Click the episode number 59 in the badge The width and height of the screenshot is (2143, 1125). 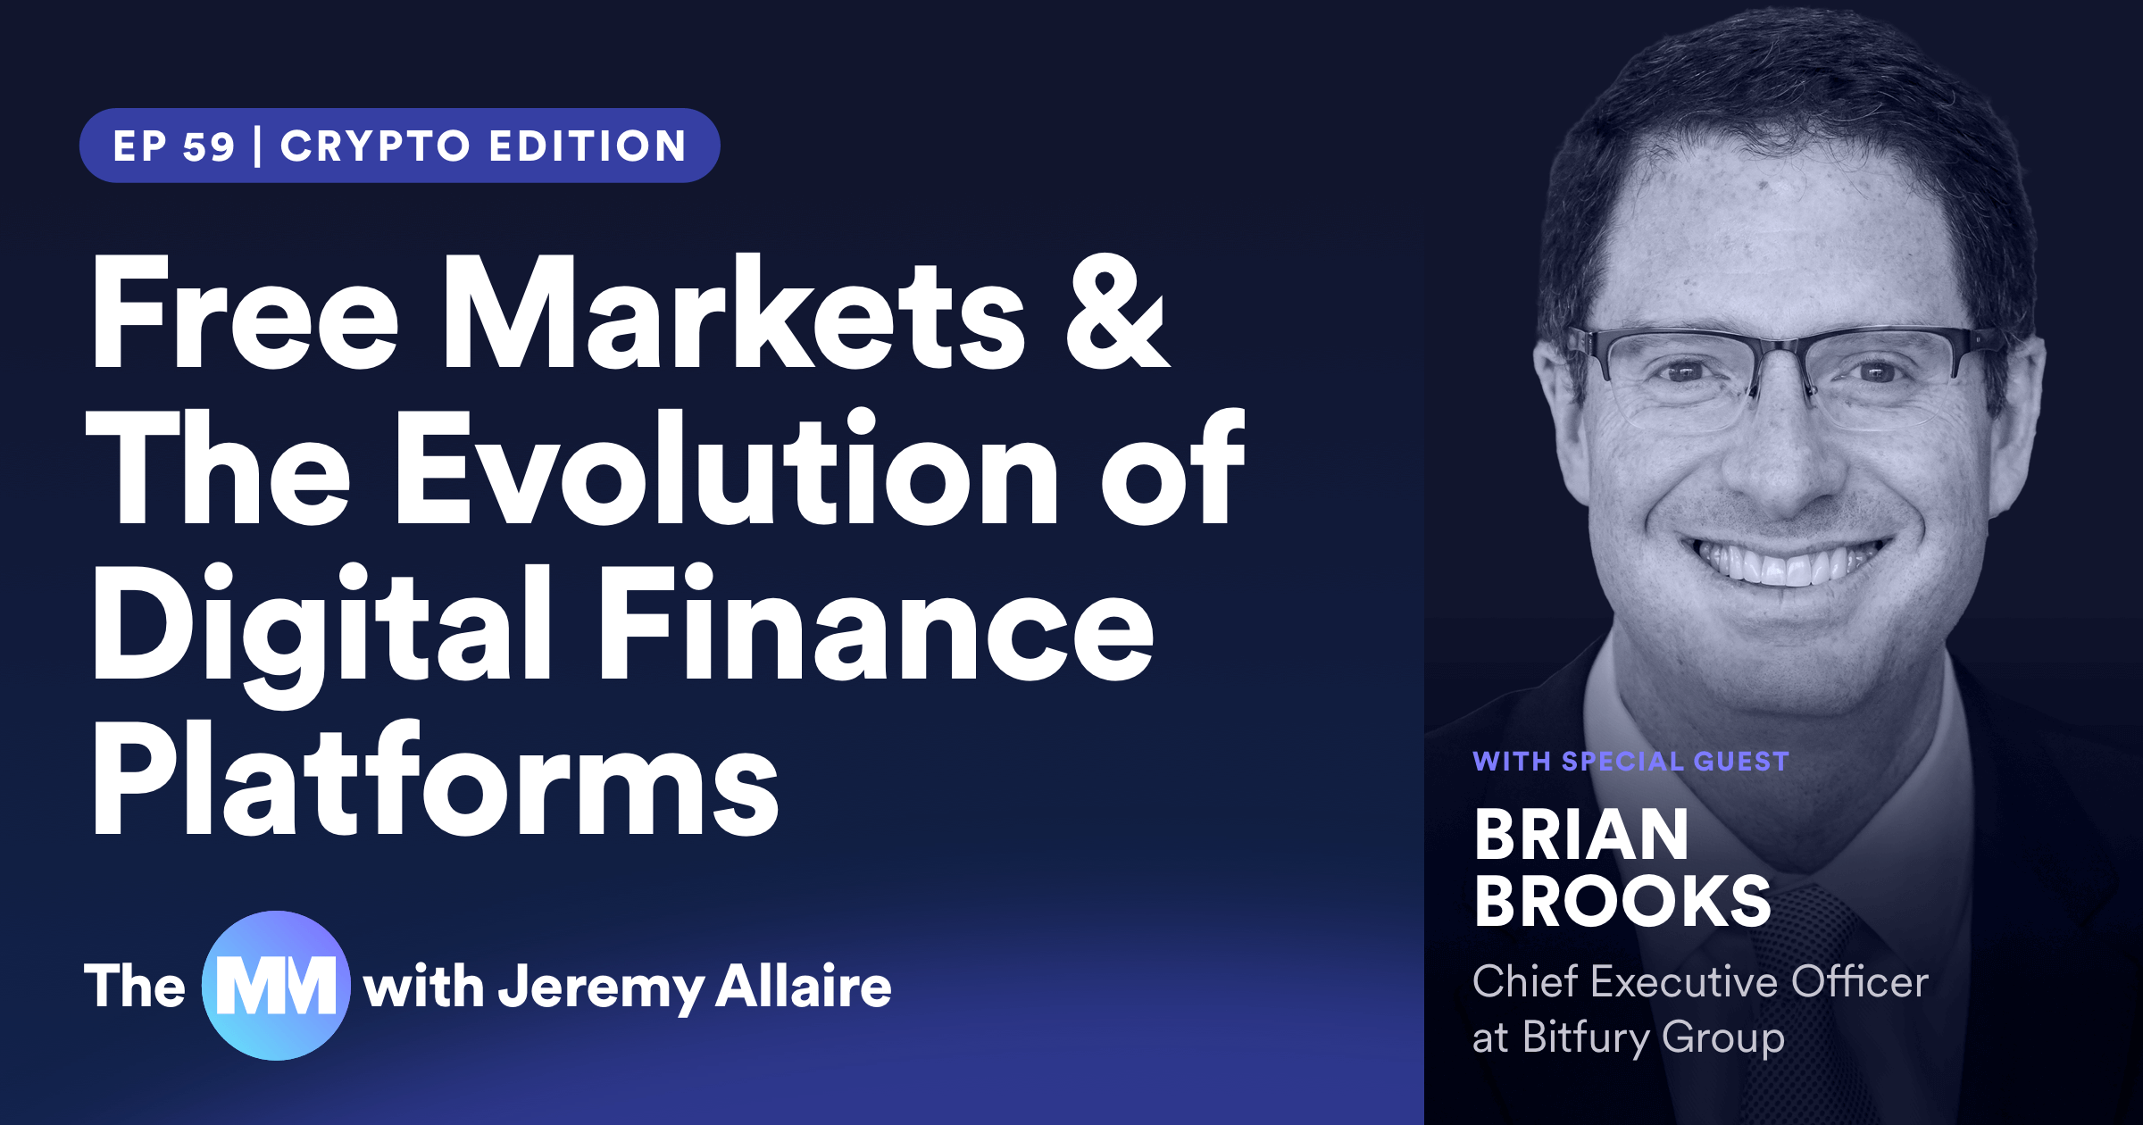pyautogui.click(x=209, y=146)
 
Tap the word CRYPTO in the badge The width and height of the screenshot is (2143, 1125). pyautogui.click(x=375, y=146)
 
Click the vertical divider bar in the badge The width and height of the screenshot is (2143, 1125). pyautogui.click(x=257, y=146)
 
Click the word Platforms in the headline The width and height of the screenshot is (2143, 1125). pyautogui.click(x=436, y=778)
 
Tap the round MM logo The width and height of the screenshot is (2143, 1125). pyautogui.click(x=276, y=986)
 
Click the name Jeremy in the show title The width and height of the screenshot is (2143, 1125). pyautogui.click(x=601, y=987)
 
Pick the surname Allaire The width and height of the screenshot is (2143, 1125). pyautogui.click(x=804, y=986)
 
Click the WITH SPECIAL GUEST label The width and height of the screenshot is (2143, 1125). pyautogui.click(x=1631, y=762)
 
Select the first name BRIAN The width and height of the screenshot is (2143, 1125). pyautogui.click(x=1581, y=835)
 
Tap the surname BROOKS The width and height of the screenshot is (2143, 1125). pyautogui.click(x=1623, y=901)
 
